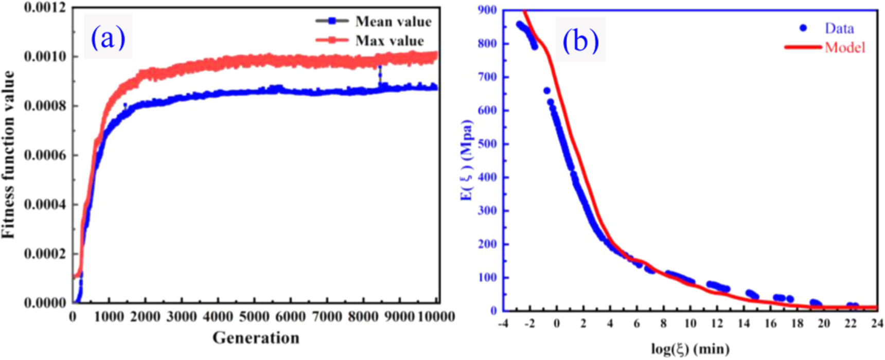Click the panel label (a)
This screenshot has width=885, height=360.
point(108,37)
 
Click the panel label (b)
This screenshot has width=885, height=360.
point(580,40)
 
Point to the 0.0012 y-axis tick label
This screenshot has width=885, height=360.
point(45,8)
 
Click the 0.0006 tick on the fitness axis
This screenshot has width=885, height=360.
point(45,155)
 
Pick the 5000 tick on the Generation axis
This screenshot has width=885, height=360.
point(254,316)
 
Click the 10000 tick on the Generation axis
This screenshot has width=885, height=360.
point(435,316)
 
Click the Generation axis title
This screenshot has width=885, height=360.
point(256,338)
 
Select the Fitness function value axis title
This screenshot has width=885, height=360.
point(8,154)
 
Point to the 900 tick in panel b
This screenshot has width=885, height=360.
point(487,10)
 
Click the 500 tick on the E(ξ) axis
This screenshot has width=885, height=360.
point(487,143)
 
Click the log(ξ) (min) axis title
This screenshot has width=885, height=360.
point(690,349)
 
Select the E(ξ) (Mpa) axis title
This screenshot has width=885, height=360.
point(466,159)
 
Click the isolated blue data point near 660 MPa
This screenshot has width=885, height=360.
point(547,91)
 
